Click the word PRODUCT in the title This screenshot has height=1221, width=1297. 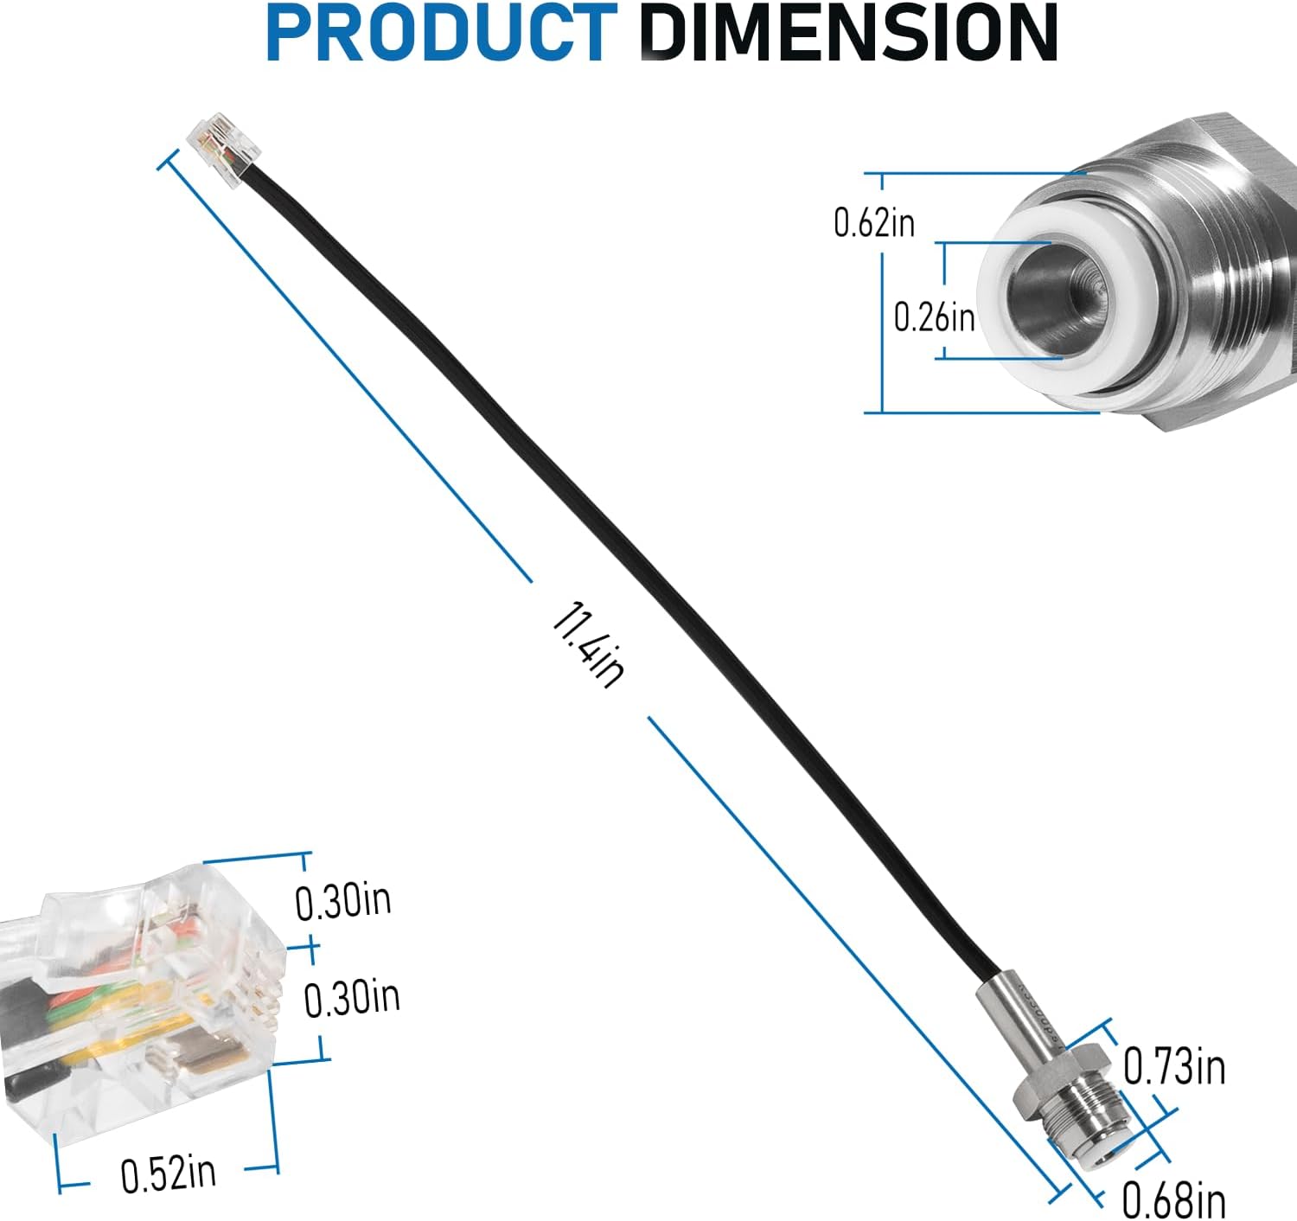pyautogui.click(x=442, y=34)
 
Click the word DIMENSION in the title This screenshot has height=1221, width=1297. pyautogui.click(x=849, y=34)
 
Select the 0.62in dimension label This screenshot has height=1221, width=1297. pyautogui.click(x=874, y=223)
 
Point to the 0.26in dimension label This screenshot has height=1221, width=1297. pyautogui.click(x=934, y=317)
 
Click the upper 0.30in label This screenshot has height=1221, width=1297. pyautogui.click(x=343, y=902)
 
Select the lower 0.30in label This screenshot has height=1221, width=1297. pyautogui.click(x=352, y=998)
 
